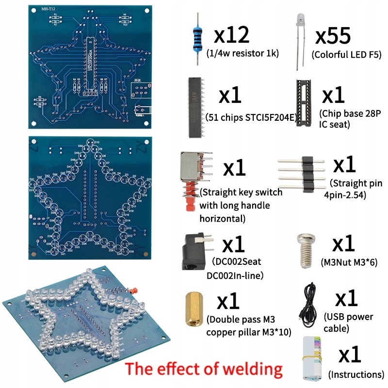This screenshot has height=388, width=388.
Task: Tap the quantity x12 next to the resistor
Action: (x=231, y=35)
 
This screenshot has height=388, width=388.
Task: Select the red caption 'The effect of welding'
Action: (x=205, y=370)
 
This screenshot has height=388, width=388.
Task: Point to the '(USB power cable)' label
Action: (x=348, y=323)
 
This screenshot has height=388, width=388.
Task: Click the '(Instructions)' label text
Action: (x=356, y=374)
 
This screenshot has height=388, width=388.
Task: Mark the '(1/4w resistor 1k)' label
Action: (x=242, y=53)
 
